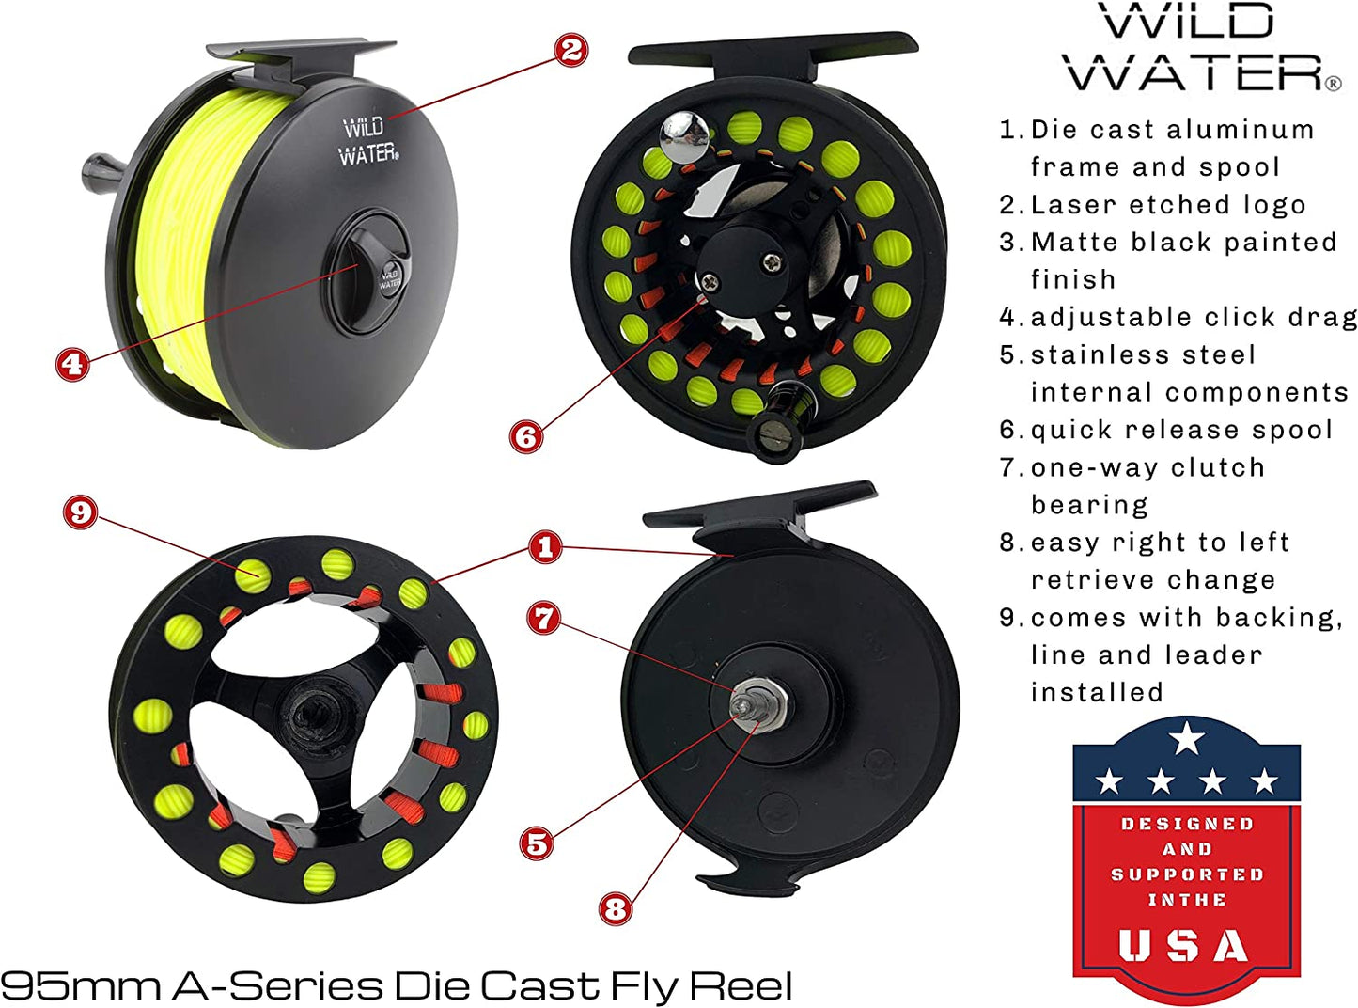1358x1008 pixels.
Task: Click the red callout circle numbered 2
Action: tap(571, 50)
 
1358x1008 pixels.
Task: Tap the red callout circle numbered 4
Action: tap(73, 364)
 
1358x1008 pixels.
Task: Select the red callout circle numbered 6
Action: tap(526, 435)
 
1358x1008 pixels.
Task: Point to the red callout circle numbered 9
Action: tap(81, 512)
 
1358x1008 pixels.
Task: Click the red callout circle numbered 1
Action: tap(545, 547)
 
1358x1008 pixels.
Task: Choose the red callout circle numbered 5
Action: tap(537, 843)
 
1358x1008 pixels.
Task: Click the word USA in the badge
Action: tap(1184, 946)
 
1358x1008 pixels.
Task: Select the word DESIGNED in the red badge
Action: tap(1187, 824)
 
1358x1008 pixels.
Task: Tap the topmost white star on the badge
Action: tap(1188, 738)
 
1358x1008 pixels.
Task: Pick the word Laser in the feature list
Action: tap(1075, 205)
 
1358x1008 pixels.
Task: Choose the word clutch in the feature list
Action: tap(1218, 467)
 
